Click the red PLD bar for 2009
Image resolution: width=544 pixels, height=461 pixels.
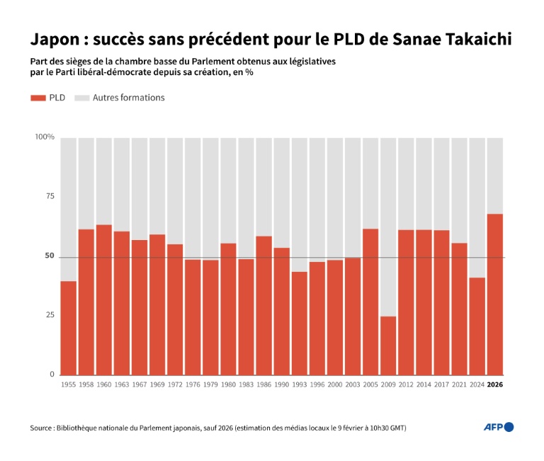click(x=388, y=345)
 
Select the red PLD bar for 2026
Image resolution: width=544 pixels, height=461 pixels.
click(x=495, y=294)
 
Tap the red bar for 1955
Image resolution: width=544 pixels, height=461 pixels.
click(x=69, y=328)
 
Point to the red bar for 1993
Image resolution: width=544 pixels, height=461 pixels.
click(x=300, y=323)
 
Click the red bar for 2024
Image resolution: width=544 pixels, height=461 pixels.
click(x=477, y=326)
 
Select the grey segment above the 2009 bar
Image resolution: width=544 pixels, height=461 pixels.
click(x=388, y=227)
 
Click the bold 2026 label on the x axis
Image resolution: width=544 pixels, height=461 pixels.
click(x=495, y=384)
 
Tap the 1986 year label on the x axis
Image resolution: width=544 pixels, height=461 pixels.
click(x=264, y=384)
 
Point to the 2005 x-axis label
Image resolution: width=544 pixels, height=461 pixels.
click(x=370, y=384)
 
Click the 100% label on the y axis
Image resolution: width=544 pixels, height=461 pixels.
click(x=45, y=137)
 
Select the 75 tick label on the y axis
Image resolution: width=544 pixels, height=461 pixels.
click(x=50, y=197)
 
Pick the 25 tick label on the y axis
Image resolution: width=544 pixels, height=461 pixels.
click(x=50, y=314)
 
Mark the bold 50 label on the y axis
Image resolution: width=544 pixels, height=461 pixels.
click(x=50, y=256)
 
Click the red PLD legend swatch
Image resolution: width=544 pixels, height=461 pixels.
click(x=38, y=98)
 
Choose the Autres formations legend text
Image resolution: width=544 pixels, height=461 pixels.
click(x=128, y=98)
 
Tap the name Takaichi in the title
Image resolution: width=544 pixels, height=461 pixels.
click(x=472, y=39)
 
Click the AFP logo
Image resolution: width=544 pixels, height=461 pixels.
click(x=499, y=427)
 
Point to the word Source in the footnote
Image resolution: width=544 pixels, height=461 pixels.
click(x=41, y=428)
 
